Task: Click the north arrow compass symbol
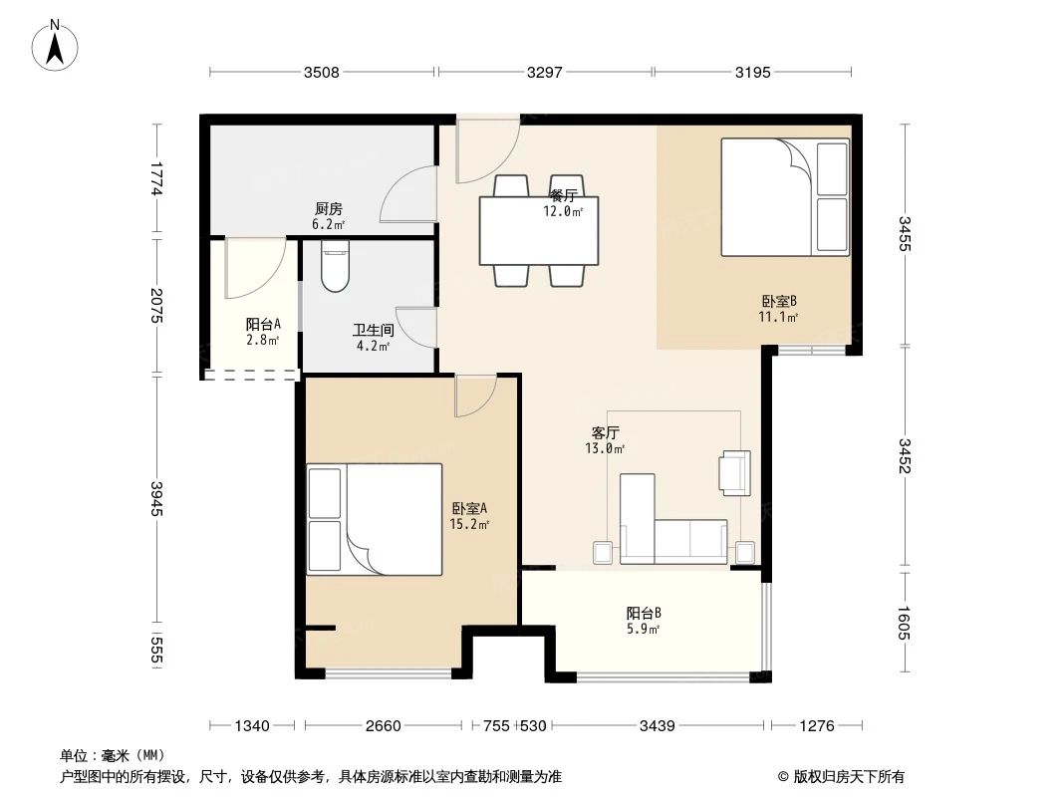(x=57, y=45)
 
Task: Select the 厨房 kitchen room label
(x=329, y=209)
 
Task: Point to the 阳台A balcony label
(x=263, y=324)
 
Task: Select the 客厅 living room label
(x=606, y=433)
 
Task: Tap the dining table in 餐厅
(x=539, y=230)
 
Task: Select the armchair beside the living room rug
(x=734, y=471)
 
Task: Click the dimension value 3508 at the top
(x=322, y=72)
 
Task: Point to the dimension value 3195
(x=752, y=72)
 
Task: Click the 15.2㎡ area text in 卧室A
(x=469, y=524)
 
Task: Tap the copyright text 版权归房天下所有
(x=848, y=776)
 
